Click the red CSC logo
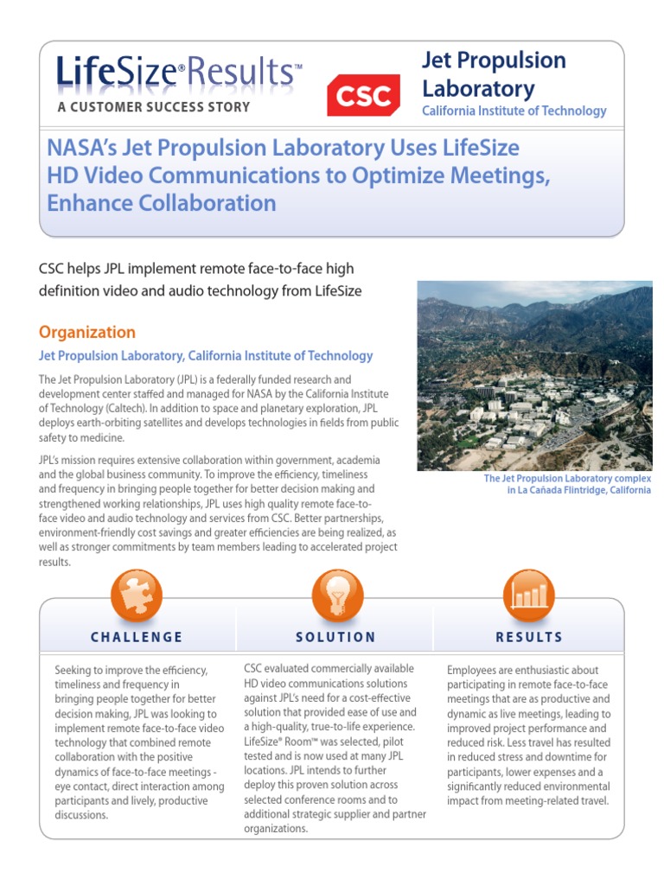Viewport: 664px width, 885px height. [x=362, y=94]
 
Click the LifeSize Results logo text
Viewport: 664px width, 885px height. [x=179, y=73]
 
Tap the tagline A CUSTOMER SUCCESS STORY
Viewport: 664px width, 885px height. [x=153, y=107]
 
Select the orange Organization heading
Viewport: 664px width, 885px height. [x=87, y=333]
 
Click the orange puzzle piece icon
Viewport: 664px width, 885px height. [x=137, y=595]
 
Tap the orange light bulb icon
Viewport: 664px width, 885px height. [x=336, y=595]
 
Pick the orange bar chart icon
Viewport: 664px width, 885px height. [x=528, y=595]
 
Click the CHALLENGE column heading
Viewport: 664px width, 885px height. [x=137, y=637]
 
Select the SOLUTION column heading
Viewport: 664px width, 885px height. [x=336, y=637]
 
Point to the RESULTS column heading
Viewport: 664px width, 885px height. [x=528, y=637]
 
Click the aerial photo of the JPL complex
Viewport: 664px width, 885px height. [x=534, y=375]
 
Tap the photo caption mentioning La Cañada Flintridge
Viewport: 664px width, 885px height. [x=566, y=485]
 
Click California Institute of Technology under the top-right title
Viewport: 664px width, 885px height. [x=514, y=111]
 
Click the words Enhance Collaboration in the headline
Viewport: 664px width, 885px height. [x=162, y=203]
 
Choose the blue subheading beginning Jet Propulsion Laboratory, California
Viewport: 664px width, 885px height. [x=206, y=355]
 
